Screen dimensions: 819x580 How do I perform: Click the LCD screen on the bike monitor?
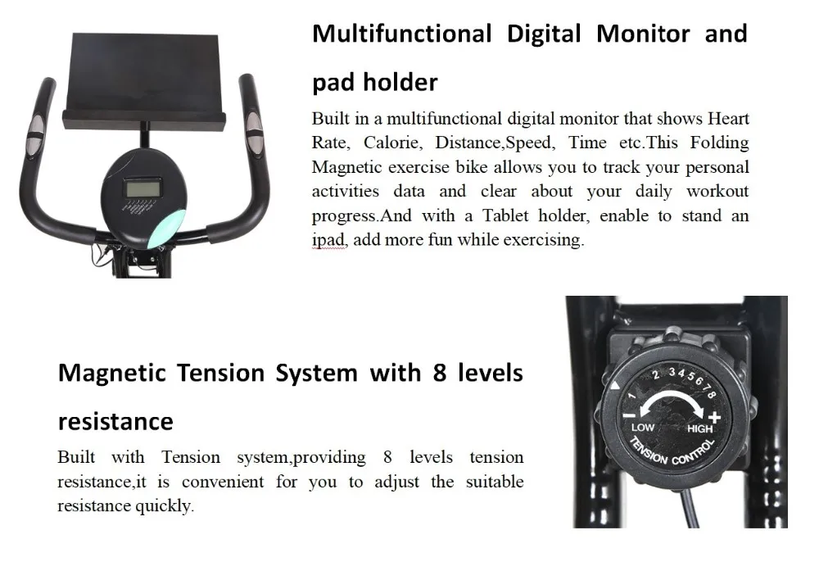(142, 188)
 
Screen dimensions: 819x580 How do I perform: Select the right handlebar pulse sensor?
(254, 134)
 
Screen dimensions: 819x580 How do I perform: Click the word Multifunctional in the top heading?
(400, 34)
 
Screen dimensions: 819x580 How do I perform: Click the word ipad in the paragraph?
(329, 241)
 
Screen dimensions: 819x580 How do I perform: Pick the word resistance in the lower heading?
(115, 422)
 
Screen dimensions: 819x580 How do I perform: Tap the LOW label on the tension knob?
(643, 427)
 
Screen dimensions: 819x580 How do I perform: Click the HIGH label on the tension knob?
(700, 428)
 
